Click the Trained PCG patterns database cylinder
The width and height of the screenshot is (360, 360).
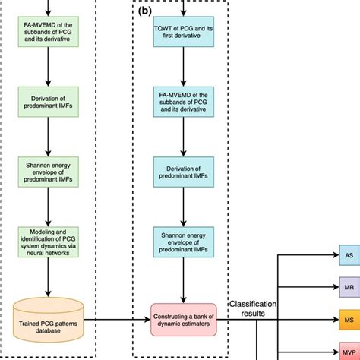[48, 311]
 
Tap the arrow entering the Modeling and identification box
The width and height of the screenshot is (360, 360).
[48, 210]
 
